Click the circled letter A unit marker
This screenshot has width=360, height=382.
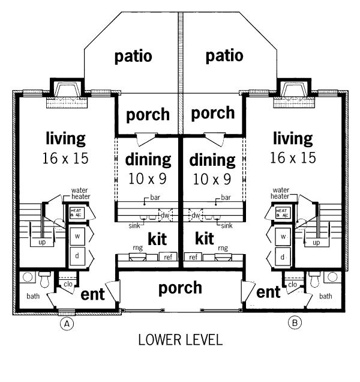point(68,324)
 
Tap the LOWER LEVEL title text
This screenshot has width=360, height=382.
point(180,340)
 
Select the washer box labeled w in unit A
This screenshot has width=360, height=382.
point(77,236)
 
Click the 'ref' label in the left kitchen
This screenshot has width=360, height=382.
point(167,257)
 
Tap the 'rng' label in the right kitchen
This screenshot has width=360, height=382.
point(223,247)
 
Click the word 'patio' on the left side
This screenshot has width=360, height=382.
point(133,56)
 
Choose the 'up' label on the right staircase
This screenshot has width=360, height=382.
point(316,242)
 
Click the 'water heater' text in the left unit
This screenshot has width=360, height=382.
point(80,193)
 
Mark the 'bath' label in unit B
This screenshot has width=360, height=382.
point(326,296)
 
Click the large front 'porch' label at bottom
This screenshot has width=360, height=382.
point(180,288)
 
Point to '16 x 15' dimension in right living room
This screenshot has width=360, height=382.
point(293,159)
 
